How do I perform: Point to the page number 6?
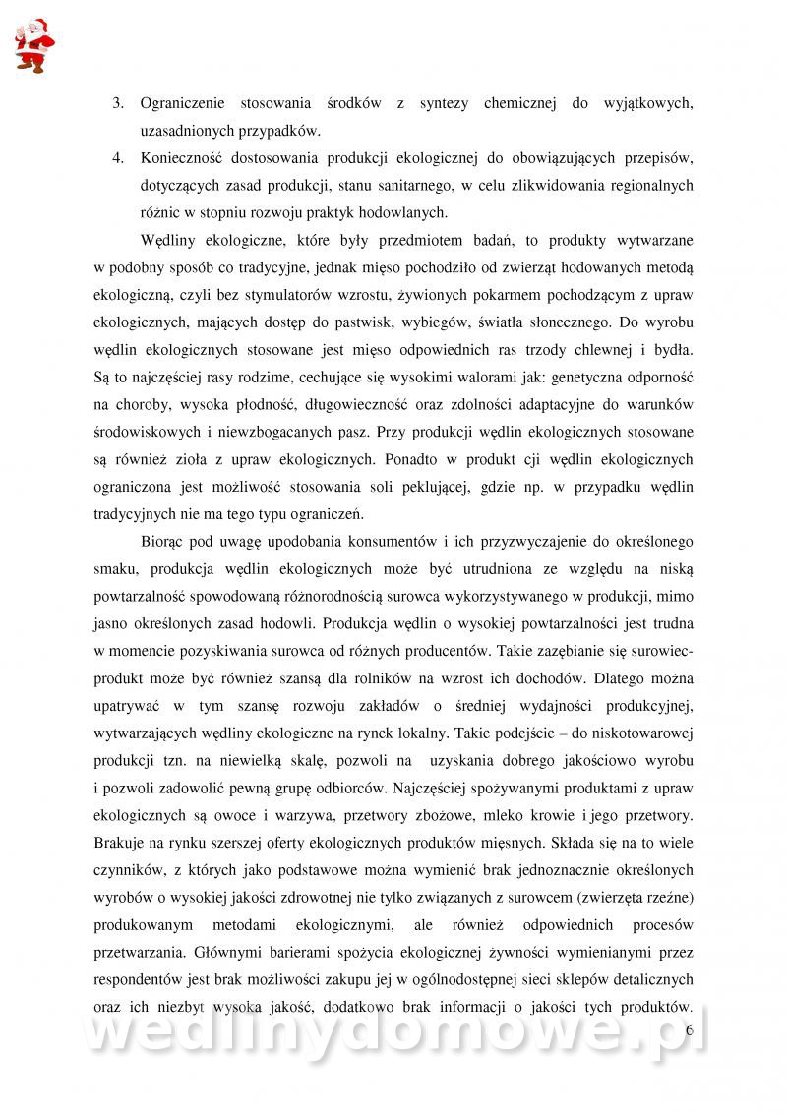[689, 1029]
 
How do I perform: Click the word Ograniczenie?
[183, 102]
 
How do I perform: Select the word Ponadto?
[400, 458]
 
